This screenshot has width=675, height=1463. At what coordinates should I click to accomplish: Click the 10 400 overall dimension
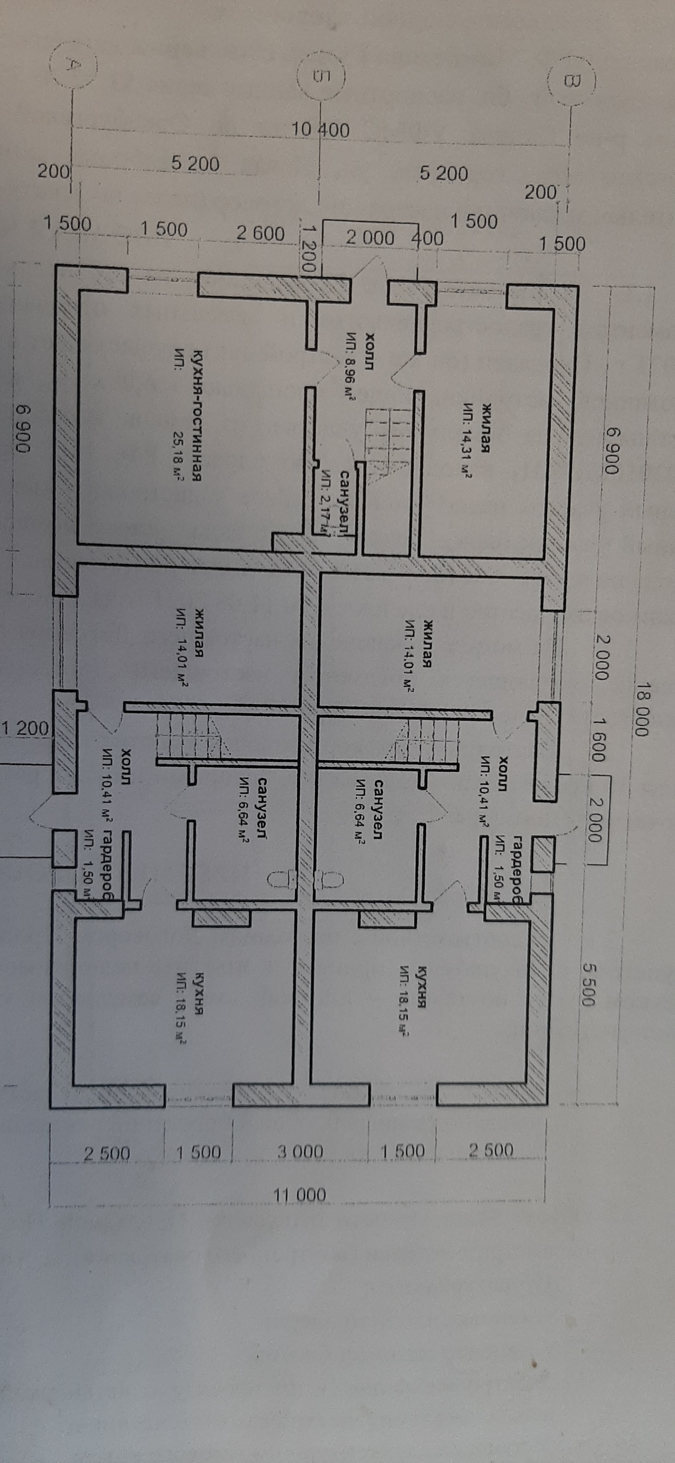[x=320, y=130]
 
